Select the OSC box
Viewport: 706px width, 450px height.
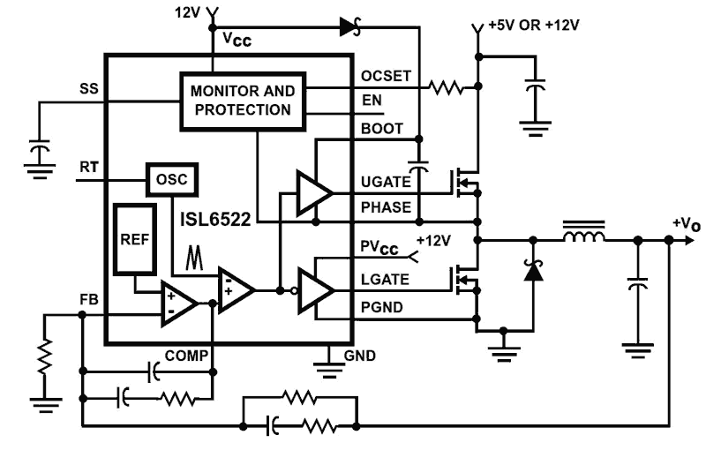tap(171, 179)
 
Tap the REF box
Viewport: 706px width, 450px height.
tap(134, 241)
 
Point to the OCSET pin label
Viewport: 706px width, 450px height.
tap(385, 76)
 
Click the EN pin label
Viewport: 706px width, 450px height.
tap(372, 101)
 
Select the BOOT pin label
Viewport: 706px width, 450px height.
tap(380, 129)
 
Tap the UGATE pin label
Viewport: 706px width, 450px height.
tap(385, 181)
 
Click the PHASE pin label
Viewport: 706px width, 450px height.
tap(385, 207)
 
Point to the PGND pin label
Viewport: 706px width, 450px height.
tap(382, 306)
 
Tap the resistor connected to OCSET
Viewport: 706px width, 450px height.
tap(446, 87)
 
